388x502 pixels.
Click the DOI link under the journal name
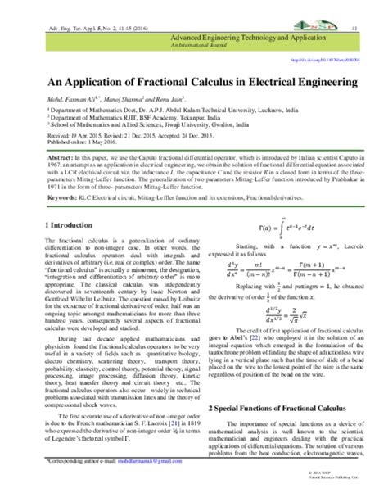click(327, 59)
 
